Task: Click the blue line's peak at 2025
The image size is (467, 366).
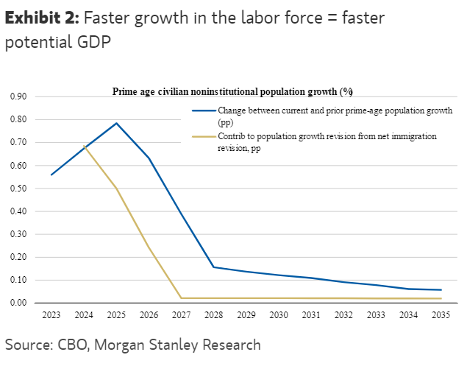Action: (116, 123)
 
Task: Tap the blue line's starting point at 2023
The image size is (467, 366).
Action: (51, 175)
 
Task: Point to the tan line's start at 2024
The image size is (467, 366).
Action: (84, 146)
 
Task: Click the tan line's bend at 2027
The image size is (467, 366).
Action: (182, 298)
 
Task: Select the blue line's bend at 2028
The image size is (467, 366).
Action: (214, 267)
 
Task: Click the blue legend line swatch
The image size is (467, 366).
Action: (203, 110)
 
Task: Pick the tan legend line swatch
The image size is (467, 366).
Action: (203, 136)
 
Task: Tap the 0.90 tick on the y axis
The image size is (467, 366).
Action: (18, 96)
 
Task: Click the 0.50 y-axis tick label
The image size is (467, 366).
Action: (18, 189)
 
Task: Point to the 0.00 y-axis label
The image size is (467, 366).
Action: (18, 303)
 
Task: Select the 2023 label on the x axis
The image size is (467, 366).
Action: (51, 315)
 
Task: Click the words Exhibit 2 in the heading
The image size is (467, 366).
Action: (39, 18)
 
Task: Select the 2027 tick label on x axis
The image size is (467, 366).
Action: (182, 315)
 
